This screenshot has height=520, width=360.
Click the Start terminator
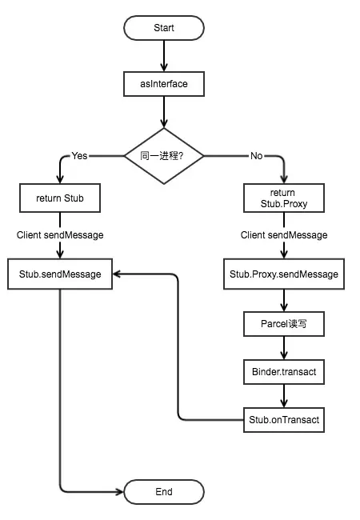pos(163,28)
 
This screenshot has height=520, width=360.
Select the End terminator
pos(163,491)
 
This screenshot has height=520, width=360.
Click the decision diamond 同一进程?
pos(163,156)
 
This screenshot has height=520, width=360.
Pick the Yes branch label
pos(80,156)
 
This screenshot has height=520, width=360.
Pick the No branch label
pos(256,156)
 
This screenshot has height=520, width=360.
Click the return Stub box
pos(60,198)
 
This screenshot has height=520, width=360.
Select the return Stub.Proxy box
pos(284,198)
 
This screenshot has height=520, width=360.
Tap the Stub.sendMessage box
pos(60,274)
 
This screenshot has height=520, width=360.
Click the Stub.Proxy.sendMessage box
pos(284,274)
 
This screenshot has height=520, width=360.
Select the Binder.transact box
pos(284,371)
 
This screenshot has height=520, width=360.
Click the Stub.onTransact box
pos(284,418)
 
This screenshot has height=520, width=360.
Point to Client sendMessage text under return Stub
pos(60,235)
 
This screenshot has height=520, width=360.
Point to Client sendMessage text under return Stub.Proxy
pos(284,235)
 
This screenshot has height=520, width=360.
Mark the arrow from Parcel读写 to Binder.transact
pos(284,347)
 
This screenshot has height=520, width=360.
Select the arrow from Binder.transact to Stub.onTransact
pos(284,395)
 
